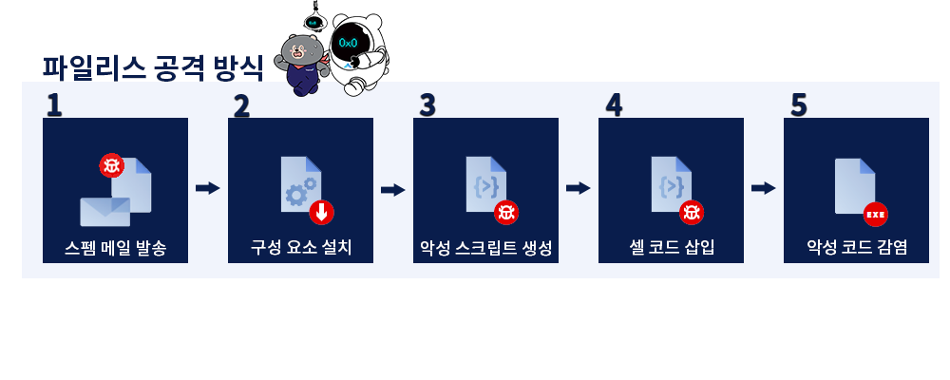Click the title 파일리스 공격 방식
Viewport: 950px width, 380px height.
(152, 68)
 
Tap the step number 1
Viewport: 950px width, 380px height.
(54, 104)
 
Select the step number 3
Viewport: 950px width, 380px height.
(427, 104)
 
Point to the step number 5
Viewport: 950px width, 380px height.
(798, 104)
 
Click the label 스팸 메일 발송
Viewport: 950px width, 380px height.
(115, 248)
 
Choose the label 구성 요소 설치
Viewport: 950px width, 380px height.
(301, 248)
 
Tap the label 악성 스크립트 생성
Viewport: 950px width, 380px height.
(485, 248)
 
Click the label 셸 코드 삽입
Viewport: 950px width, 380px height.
(671, 248)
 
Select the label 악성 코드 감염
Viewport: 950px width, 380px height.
(856, 248)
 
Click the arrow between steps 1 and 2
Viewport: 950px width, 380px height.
(207, 188)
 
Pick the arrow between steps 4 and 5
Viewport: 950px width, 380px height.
(763, 188)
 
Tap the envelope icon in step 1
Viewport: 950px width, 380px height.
(104, 211)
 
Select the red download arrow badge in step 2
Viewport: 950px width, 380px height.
(321, 212)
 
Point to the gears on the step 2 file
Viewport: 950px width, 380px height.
(297, 193)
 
